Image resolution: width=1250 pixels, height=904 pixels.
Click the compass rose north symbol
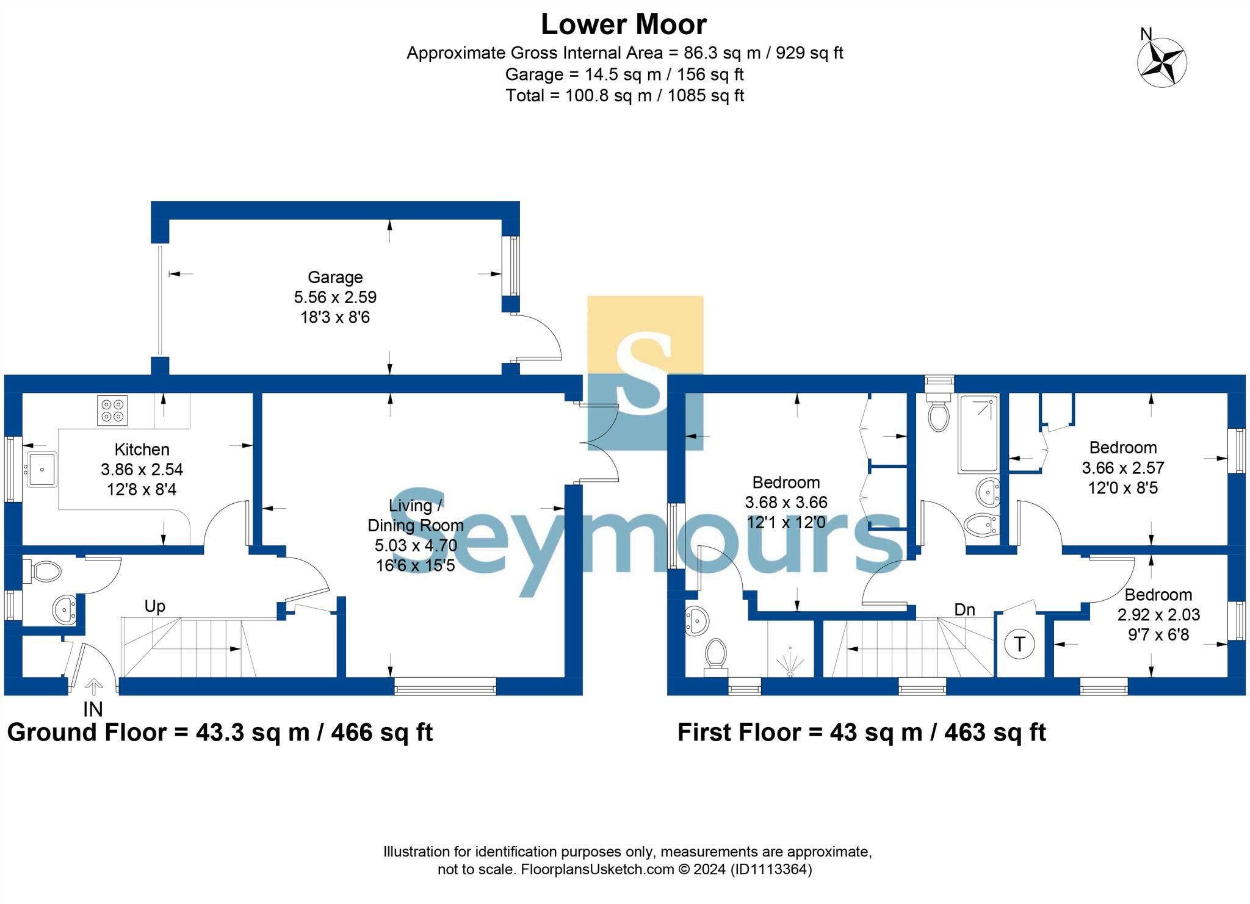pyautogui.click(x=1162, y=62)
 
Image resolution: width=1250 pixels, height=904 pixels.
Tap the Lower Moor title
pyautogui.click(x=624, y=25)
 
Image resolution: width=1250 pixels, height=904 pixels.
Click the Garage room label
pyautogui.click(x=335, y=278)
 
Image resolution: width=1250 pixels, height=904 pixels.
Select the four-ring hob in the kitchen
pyautogui.click(x=112, y=411)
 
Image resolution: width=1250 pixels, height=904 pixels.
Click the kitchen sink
pyautogui.click(x=42, y=469)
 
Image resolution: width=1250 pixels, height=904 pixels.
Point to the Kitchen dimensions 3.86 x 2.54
pyautogui.click(x=142, y=470)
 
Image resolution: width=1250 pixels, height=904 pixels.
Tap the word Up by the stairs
pyautogui.click(x=154, y=606)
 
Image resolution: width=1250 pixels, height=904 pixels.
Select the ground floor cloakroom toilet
pyautogui.click(x=44, y=572)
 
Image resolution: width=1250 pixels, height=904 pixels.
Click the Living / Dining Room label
pyautogui.click(x=415, y=515)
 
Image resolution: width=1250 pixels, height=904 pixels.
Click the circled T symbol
pyautogui.click(x=1019, y=644)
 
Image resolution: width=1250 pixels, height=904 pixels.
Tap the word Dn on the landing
pyautogui.click(x=964, y=610)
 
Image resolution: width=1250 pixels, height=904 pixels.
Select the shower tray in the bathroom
pyautogui.click(x=978, y=434)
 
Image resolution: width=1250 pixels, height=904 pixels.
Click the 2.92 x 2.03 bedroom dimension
pyautogui.click(x=1158, y=615)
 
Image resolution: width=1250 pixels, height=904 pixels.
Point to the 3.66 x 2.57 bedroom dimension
pyautogui.click(x=1123, y=468)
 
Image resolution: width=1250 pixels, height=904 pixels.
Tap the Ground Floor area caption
pyautogui.click(x=220, y=733)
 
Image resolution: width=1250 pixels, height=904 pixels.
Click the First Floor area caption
pyautogui.click(x=861, y=733)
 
